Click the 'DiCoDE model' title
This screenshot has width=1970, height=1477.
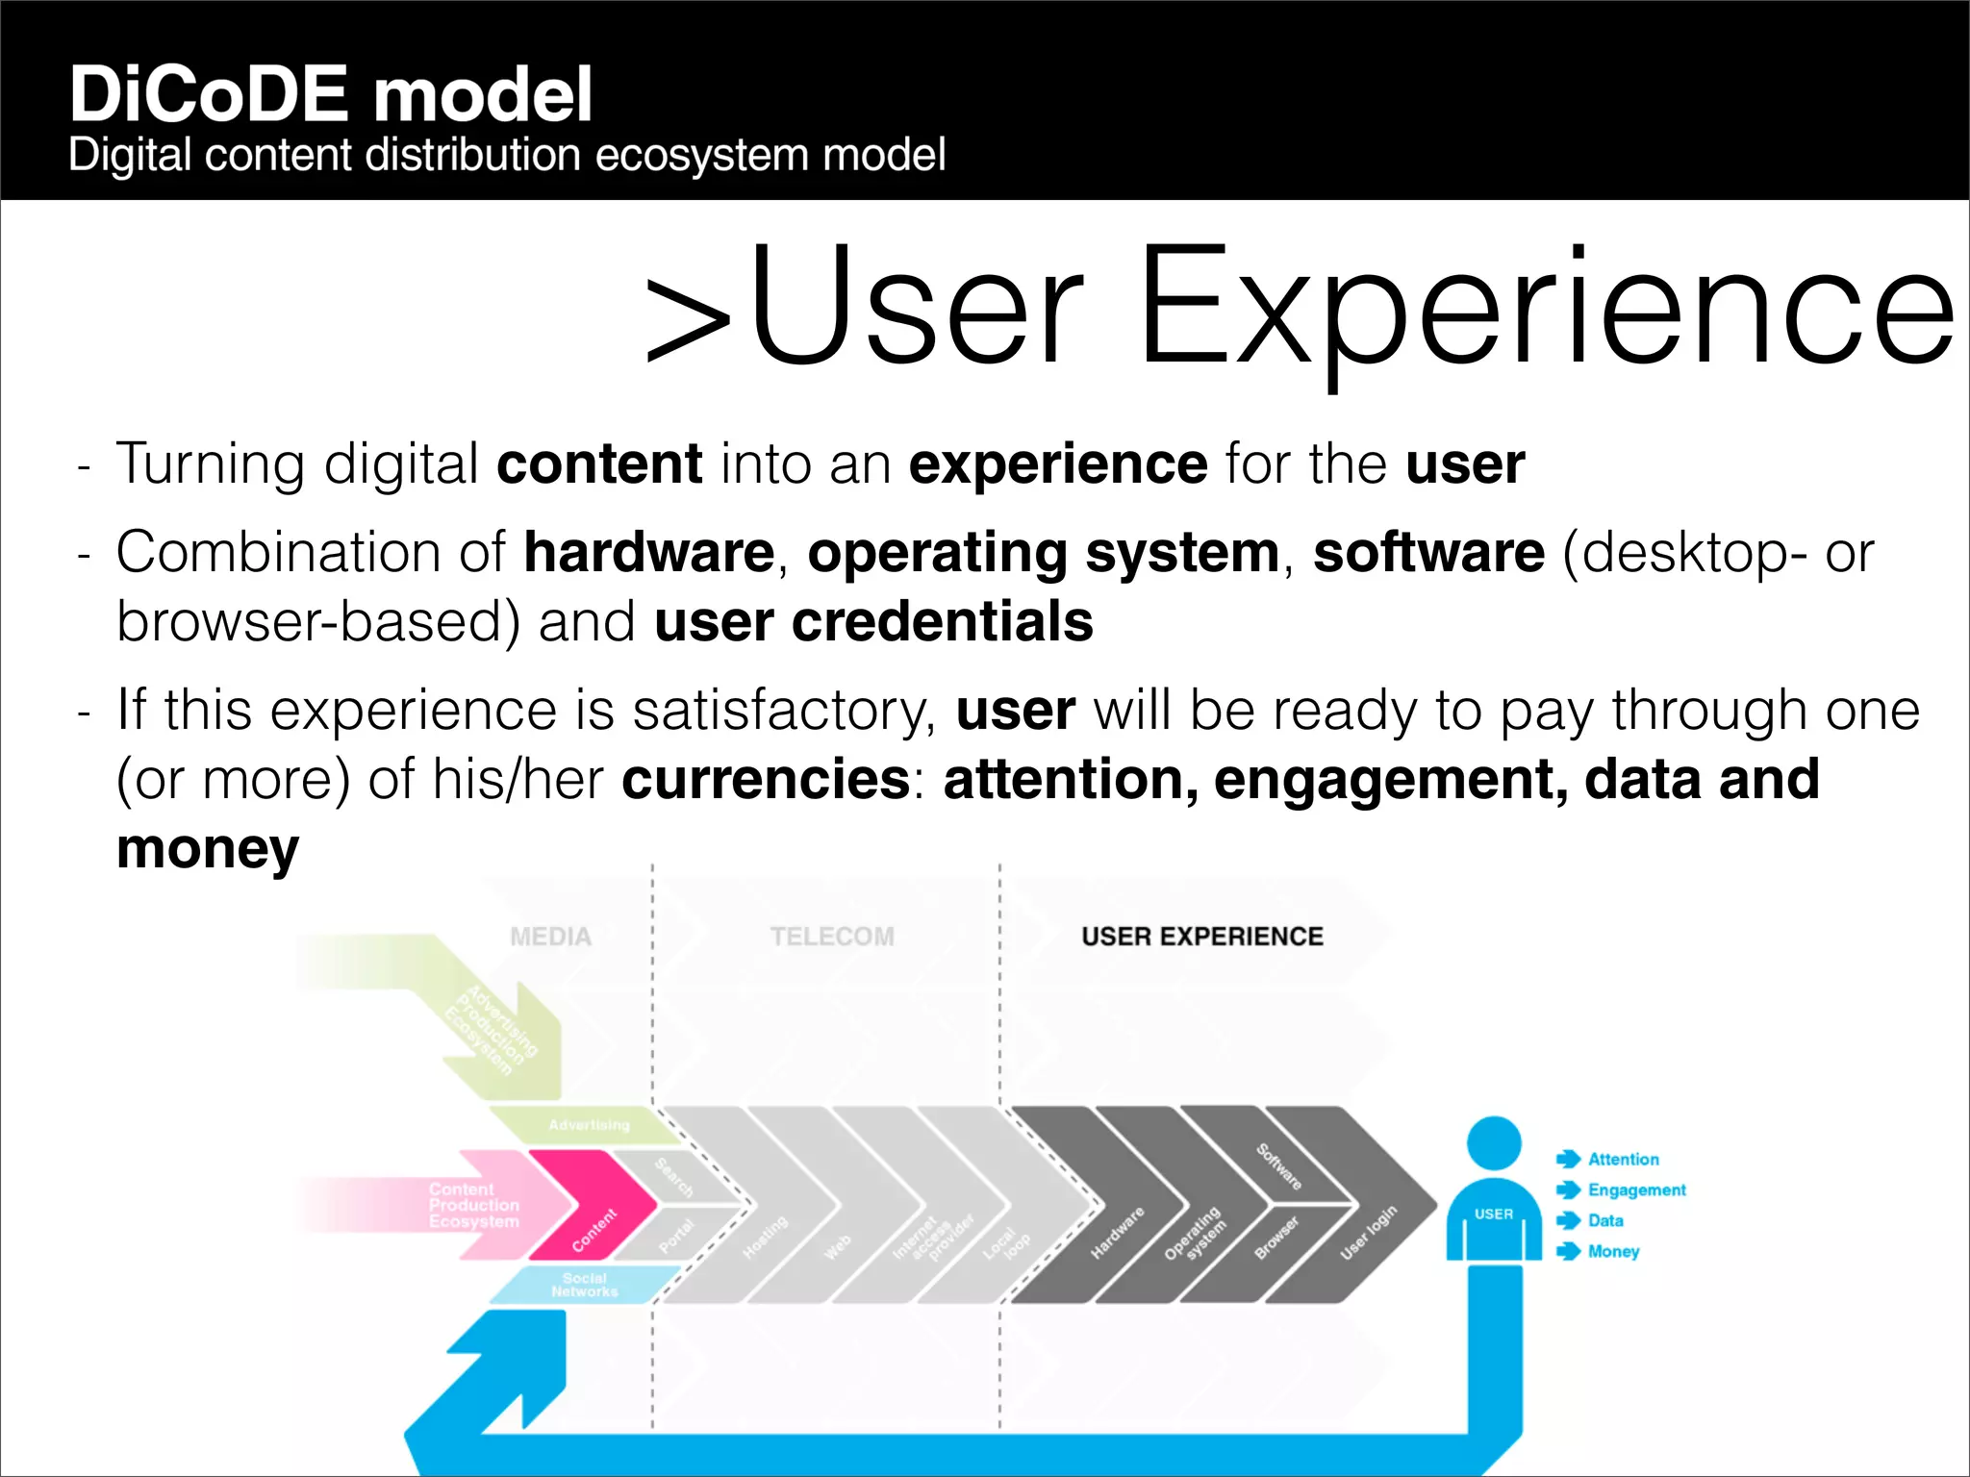click(x=331, y=94)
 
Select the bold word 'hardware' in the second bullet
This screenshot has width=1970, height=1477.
click(x=648, y=553)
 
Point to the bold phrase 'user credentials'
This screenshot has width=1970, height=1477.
click(x=873, y=622)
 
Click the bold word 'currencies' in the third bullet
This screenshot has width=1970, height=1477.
click(x=766, y=779)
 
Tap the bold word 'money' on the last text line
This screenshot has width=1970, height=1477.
click(x=208, y=849)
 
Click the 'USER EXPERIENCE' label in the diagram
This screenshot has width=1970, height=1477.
click(x=1201, y=937)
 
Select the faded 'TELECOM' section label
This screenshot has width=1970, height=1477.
click(x=831, y=937)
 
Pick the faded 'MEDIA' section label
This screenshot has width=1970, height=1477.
click(x=550, y=937)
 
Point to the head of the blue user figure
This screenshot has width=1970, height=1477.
click(x=1493, y=1143)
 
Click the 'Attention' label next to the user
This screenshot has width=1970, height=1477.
click(x=1623, y=1160)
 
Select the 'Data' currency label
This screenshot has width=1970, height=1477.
click(x=1605, y=1221)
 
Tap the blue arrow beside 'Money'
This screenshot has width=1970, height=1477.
click(x=1568, y=1251)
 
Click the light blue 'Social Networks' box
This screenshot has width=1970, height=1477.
click(x=584, y=1285)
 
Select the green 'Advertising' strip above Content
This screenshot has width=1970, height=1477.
click(x=587, y=1125)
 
